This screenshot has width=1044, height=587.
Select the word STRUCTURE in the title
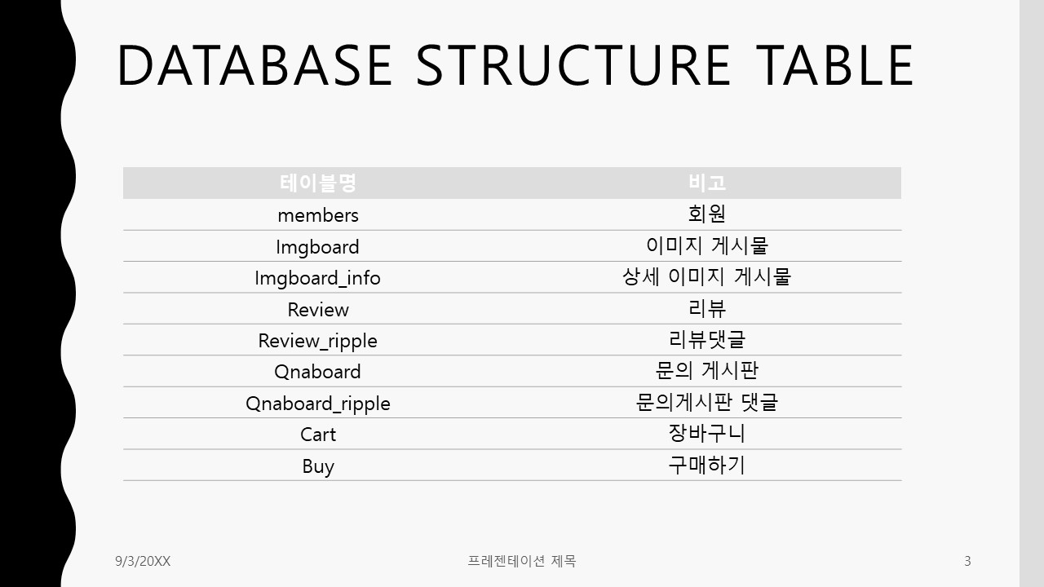point(573,65)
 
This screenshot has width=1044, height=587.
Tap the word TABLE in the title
point(834,65)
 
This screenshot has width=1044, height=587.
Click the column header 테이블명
point(318,183)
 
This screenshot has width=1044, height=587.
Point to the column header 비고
point(707,183)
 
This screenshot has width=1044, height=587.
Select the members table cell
point(318,215)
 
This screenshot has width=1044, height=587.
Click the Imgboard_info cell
point(318,278)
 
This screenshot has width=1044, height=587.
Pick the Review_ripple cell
point(318,341)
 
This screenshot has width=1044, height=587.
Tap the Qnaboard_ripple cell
point(318,404)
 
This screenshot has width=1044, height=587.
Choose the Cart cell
point(318,435)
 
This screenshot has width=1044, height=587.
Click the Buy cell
point(318,466)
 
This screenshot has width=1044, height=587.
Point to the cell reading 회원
point(707,214)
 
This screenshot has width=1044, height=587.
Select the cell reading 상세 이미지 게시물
point(707,277)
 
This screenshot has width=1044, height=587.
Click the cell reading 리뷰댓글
point(707,340)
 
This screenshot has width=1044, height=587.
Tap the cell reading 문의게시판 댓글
point(707,403)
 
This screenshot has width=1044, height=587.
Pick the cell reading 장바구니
point(707,434)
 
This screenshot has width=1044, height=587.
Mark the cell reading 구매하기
point(707,466)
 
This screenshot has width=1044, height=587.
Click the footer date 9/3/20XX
point(143,561)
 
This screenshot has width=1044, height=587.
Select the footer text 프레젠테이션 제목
point(522,561)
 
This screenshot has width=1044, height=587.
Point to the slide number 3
point(967,561)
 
